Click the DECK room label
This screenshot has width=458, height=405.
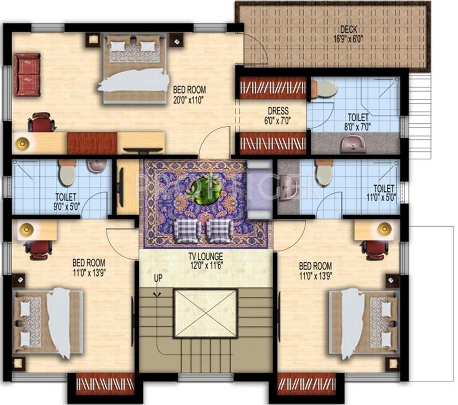pyautogui.click(x=349, y=28)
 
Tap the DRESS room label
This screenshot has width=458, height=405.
pyautogui.click(x=278, y=111)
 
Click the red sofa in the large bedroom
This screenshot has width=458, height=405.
pyautogui.click(x=27, y=74)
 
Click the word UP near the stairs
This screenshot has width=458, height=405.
pyautogui.click(x=158, y=278)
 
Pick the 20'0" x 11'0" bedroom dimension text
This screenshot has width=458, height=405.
pyautogui.click(x=189, y=98)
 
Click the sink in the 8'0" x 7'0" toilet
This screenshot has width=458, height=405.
pyautogui.click(x=353, y=143)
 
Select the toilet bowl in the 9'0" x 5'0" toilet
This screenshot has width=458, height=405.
pyautogui.click(x=67, y=173)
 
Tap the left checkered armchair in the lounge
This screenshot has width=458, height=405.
pyautogui.click(x=187, y=230)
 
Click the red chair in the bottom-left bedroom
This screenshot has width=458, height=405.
pyautogui.click(x=38, y=248)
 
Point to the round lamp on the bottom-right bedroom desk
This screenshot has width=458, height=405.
pyautogui.click(x=385, y=228)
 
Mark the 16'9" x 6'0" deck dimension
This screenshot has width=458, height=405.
pyautogui.click(x=349, y=38)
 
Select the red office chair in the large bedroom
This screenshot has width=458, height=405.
pyautogui.click(x=41, y=122)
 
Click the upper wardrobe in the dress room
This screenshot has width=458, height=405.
pyautogui.click(x=273, y=88)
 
